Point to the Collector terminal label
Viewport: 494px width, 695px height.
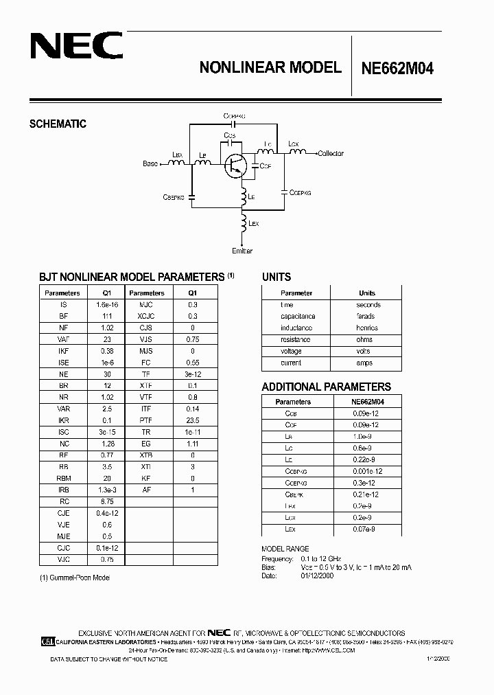coord(331,154)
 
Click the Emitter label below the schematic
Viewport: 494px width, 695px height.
coord(243,251)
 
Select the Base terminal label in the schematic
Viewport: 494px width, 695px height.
coord(150,163)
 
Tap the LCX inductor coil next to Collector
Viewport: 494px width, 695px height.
coord(296,151)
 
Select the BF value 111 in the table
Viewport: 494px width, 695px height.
coord(106,317)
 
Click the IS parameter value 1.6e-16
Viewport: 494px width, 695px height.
coord(106,305)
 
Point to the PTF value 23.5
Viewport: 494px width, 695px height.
coord(193,421)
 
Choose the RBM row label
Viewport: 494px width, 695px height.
coord(64,478)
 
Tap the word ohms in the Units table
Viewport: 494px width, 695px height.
coord(365,340)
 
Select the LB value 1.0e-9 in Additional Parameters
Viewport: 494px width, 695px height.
coord(364,437)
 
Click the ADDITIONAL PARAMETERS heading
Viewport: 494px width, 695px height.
coord(327,387)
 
